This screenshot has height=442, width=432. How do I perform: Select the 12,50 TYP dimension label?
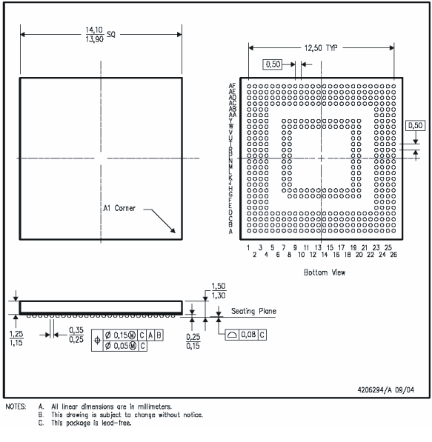[x=320, y=47]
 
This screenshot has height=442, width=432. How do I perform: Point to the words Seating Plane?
[x=253, y=311]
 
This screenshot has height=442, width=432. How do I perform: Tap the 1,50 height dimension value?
[x=219, y=287]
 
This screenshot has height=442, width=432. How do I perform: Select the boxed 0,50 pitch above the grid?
[x=273, y=65]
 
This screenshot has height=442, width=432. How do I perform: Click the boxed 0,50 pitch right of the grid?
[x=415, y=125]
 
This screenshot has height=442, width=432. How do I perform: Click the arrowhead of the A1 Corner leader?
[x=175, y=232]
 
